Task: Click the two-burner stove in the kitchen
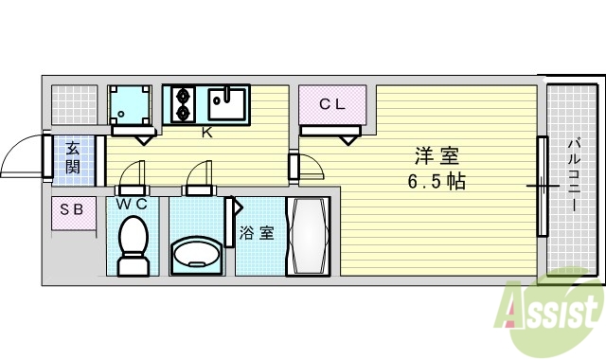182,103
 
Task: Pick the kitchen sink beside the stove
227,102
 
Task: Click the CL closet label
331,105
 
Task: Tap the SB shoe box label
72,209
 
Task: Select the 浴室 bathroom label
257,232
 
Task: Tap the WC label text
131,204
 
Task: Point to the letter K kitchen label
205,132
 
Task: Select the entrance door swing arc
21,156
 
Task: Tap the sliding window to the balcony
543,186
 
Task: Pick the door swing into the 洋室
311,167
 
